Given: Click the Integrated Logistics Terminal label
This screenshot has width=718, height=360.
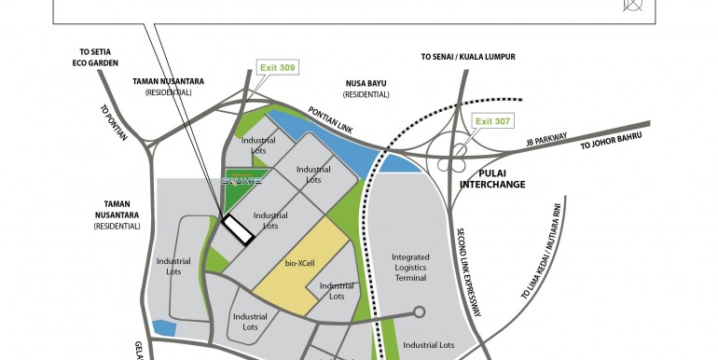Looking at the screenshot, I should (x=408, y=268).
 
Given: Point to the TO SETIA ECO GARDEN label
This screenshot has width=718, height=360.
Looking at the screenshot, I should (x=92, y=57).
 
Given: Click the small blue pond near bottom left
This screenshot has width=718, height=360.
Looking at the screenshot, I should (x=164, y=327).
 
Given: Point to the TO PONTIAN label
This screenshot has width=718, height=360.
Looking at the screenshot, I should (x=115, y=122).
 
